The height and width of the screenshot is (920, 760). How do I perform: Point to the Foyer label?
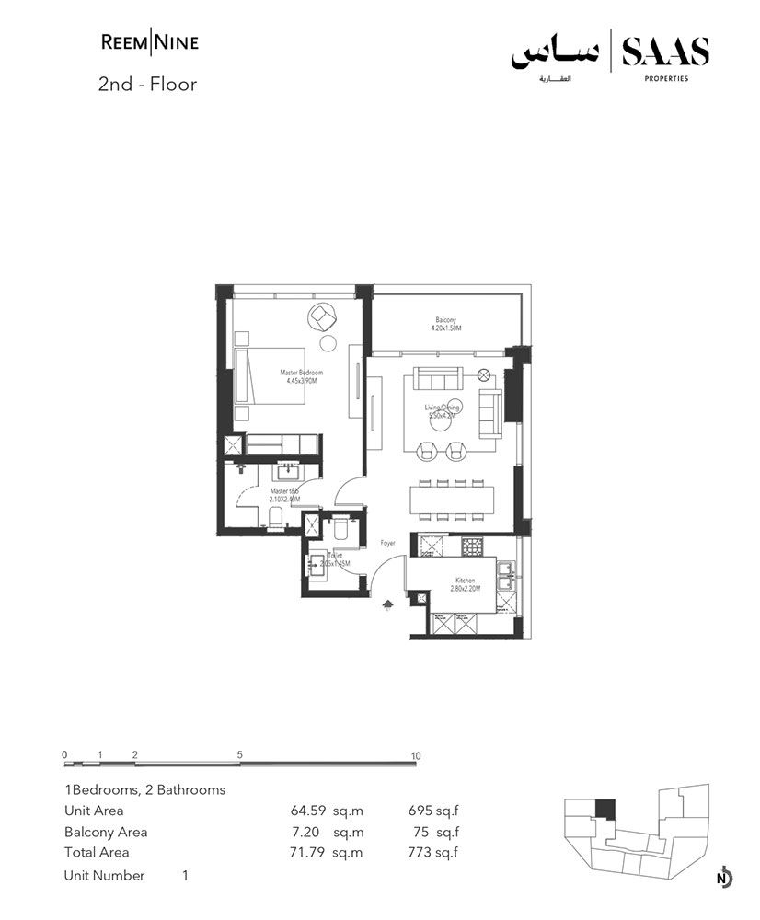pos(387,544)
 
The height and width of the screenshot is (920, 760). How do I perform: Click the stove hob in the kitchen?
pos(472,546)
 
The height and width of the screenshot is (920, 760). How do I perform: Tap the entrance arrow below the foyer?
pos(387,604)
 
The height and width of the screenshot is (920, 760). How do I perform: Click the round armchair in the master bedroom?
pos(323,316)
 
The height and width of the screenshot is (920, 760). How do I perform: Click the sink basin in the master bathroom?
pos(286,472)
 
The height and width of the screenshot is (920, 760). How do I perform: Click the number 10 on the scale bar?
pos(416,756)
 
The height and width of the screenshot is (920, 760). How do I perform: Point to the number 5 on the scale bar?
pos(239,756)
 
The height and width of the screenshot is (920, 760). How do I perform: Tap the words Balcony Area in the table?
pos(106,832)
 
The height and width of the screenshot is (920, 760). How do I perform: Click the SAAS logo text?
pos(665,52)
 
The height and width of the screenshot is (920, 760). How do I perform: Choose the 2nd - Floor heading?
pos(147,85)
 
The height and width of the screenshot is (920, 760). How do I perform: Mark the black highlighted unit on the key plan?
pos(604,810)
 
